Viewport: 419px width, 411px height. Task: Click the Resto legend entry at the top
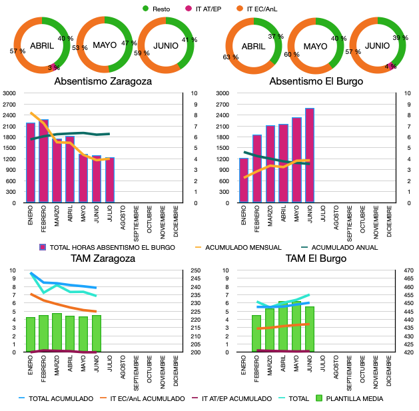(x=157, y=9)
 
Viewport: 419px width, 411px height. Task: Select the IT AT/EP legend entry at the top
(x=203, y=9)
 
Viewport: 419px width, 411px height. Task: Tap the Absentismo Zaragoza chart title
(x=103, y=81)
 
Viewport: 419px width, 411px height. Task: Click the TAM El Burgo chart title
(x=316, y=258)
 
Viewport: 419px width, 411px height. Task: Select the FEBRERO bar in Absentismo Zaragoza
(x=43, y=161)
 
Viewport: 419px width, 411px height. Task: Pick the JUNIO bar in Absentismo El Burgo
(x=310, y=155)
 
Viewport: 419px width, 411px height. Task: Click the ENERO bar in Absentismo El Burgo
(x=244, y=181)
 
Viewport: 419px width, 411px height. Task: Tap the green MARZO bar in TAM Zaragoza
(x=57, y=332)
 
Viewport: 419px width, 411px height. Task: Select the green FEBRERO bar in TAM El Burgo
(x=256, y=334)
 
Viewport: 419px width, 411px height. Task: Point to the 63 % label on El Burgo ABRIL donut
(x=230, y=57)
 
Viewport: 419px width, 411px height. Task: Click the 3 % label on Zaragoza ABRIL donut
(x=54, y=67)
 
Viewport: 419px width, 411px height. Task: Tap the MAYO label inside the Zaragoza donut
(x=105, y=45)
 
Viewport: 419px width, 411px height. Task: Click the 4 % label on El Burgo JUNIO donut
(x=390, y=66)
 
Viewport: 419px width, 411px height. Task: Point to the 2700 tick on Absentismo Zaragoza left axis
(x=9, y=105)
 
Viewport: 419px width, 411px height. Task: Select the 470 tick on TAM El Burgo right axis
(x=409, y=270)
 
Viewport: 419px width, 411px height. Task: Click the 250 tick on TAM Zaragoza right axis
(x=196, y=270)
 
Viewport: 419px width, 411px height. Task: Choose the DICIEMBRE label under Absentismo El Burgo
(x=389, y=221)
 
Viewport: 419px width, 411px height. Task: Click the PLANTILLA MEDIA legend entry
(x=350, y=399)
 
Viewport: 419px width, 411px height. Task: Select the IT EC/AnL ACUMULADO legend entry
(x=142, y=399)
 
